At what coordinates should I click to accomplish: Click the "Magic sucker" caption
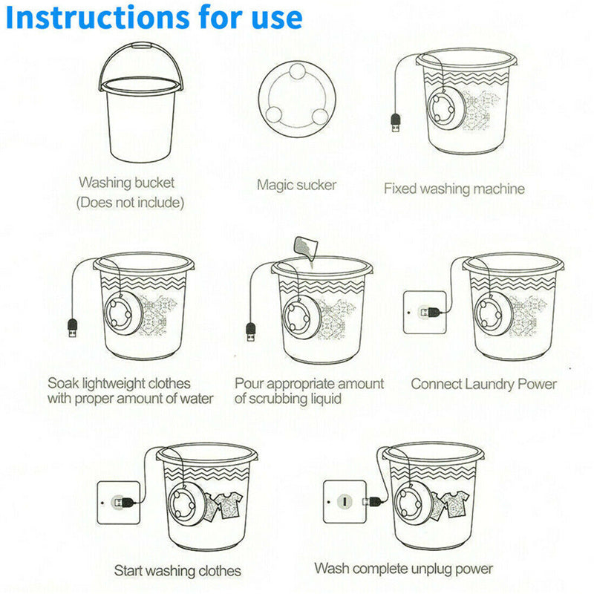coord(296,185)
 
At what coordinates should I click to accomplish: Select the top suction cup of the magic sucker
coord(298,71)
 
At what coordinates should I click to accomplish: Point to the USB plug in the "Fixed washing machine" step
coord(396,123)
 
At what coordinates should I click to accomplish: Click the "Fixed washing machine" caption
coord(454,189)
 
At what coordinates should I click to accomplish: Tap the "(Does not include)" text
coord(131,203)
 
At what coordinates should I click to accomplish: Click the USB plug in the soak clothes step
coord(72,328)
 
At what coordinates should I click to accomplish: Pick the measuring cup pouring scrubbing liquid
coord(305,249)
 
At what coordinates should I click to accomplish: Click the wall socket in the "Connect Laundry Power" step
coord(425,313)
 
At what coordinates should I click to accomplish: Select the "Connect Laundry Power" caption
coord(484,384)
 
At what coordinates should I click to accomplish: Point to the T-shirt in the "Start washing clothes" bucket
coord(226,505)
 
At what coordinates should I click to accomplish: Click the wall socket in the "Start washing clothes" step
coord(119,503)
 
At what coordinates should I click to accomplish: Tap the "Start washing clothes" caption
coord(177,571)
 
